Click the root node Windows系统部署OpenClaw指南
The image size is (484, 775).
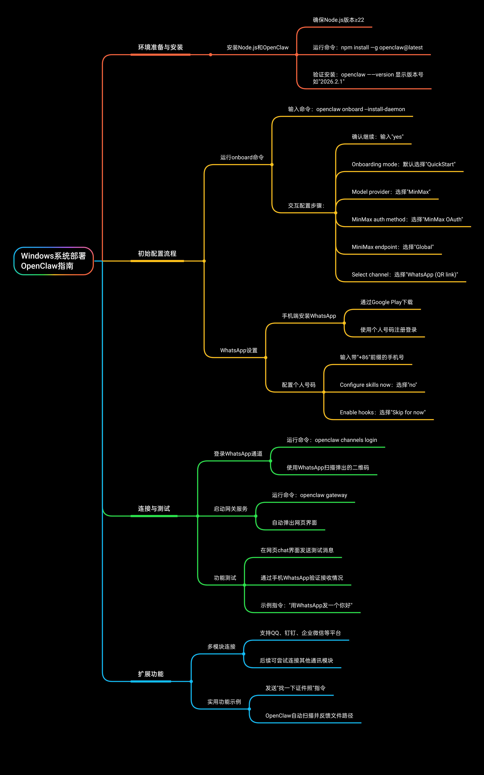pyautogui.click(x=54, y=261)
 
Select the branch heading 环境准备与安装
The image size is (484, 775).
pyautogui.click(x=160, y=47)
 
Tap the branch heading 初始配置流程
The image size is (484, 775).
pyautogui.click(x=157, y=254)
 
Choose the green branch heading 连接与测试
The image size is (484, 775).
pyautogui.click(x=154, y=509)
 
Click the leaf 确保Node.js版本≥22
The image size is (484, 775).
pyautogui.click(x=338, y=20)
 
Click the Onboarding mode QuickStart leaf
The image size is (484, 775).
pyautogui.click(x=403, y=164)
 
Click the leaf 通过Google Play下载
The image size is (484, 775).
pyautogui.click(x=386, y=302)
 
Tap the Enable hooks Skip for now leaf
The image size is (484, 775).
pyautogui.click(x=383, y=412)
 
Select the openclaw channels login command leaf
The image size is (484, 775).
pyautogui.click(x=332, y=440)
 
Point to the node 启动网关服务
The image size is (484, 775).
pyautogui.click(x=231, y=509)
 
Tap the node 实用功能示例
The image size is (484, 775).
pyautogui.click(x=224, y=702)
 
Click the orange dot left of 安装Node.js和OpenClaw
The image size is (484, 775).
pyautogui.click(x=210, y=55)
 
